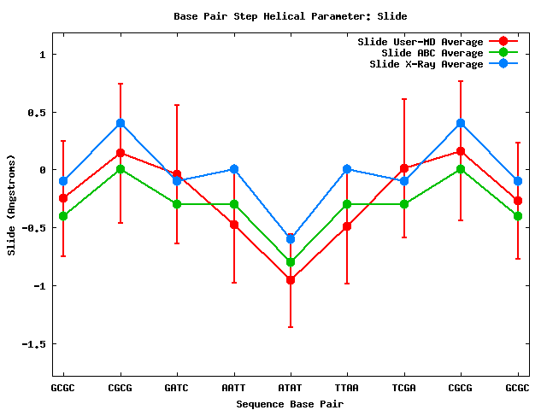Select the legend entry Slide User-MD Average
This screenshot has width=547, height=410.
click(x=420, y=42)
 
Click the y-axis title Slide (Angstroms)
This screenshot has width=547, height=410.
click(x=12, y=204)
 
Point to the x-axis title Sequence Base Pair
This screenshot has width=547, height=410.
click(x=290, y=403)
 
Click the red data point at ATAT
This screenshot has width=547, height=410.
click(x=291, y=280)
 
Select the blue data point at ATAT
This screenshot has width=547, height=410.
click(x=291, y=238)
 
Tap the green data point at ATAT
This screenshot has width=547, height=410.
click(x=291, y=262)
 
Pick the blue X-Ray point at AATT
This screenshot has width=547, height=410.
click(x=233, y=169)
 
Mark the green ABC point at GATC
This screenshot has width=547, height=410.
click(x=177, y=204)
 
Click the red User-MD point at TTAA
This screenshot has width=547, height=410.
click(x=347, y=226)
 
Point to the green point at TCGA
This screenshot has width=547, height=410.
click(x=404, y=204)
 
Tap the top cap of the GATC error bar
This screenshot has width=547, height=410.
click(x=177, y=105)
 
